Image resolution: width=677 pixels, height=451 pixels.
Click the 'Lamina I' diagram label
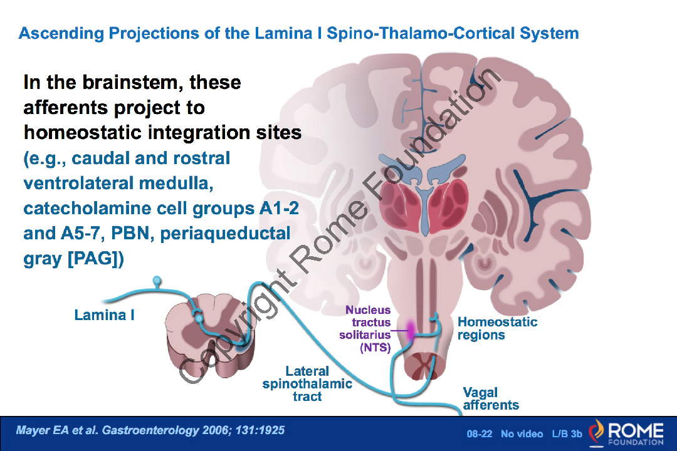(104, 315)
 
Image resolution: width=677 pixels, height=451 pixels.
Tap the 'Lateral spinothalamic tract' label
(307, 383)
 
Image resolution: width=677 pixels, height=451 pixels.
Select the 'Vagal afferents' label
(490, 398)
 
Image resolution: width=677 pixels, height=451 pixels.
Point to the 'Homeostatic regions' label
(497, 328)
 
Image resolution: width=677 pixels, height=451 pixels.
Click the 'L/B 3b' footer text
(567, 433)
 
